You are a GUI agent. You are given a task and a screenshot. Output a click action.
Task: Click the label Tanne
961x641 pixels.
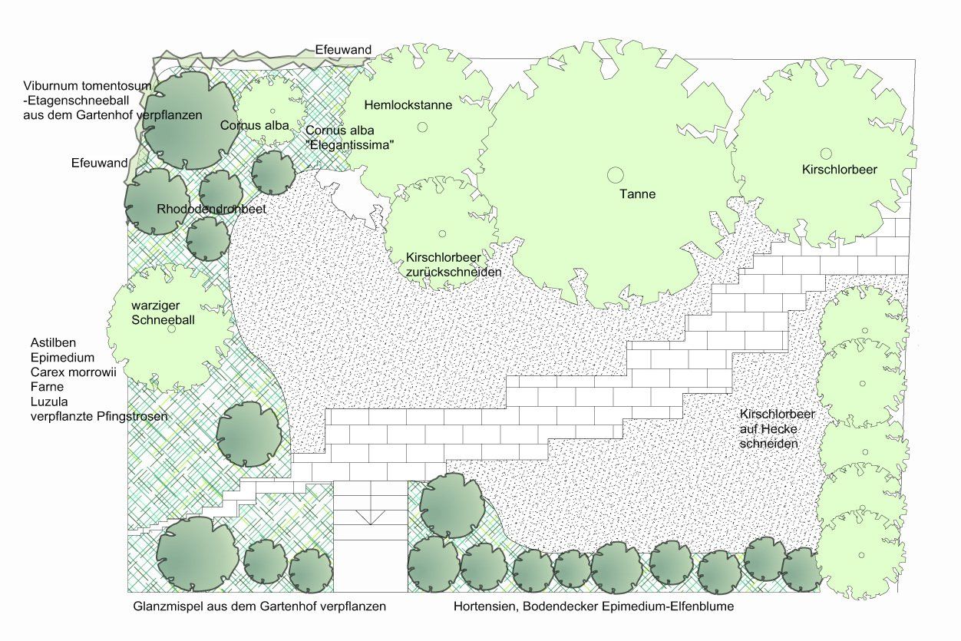[x=637, y=194]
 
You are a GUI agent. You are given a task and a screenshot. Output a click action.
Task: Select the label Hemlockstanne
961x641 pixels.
[x=408, y=104]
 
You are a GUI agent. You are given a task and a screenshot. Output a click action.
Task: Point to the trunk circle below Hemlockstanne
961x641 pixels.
[x=401, y=124]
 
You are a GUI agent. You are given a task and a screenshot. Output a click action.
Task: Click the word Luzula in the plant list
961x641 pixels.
[x=48, y=401]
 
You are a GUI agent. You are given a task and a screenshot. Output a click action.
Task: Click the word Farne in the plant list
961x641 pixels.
[x=46, y=386]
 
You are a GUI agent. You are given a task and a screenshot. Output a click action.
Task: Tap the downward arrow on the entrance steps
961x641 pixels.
[x=371, y=517]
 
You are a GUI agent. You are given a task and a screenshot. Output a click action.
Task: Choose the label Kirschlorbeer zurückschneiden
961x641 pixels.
[x=453, y=265]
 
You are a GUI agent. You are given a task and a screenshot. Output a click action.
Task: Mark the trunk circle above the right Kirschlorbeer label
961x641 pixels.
[x=825, y=154]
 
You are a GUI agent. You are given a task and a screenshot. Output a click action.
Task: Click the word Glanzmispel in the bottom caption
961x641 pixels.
[x=165, y=606]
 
